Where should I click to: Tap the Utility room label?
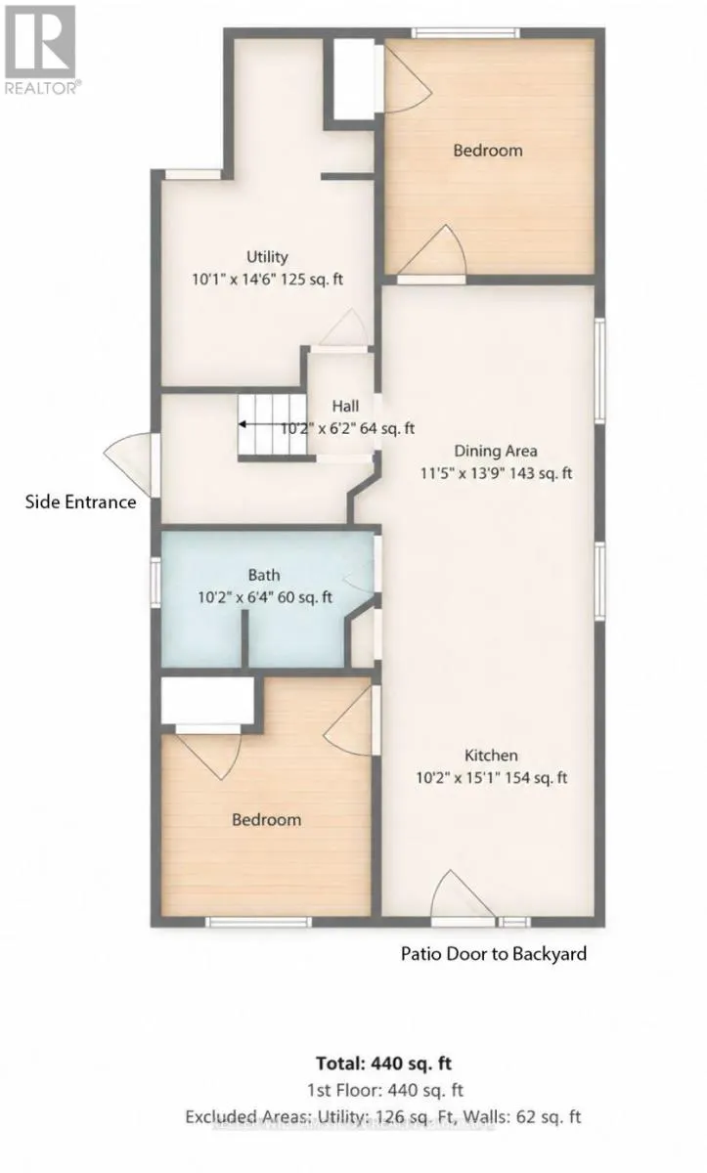pyautogui.click(x=267, y=256)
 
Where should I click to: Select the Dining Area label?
pyautogui.click(x=496, y=451)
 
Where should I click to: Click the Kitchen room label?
pyautogui.click(x=491, y=755)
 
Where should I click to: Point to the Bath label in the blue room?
pyautogui.click(x=264, y=575)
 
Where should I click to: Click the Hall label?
pyautogui.click(x=345, y=406)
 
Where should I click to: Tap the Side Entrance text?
pyautogui.click(x=80, y=502)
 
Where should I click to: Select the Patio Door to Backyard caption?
pyautogui.click(x=493, y=954)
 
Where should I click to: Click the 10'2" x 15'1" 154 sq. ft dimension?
pyautogui.click(x=491, y=778)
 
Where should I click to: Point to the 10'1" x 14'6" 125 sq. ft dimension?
pyautogui.click(x=267, y=280)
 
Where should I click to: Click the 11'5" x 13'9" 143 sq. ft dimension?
pyautogui.click(x=496, y=473)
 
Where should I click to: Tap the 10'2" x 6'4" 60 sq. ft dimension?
pyautogui.click(x=264, y=597)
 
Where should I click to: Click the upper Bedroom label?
pyautogui.click(x=488, y=151)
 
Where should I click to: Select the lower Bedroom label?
pyautogui.click(x=266, y=819)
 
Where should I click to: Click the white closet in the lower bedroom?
pyautogui.click(x=207, y=701)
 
